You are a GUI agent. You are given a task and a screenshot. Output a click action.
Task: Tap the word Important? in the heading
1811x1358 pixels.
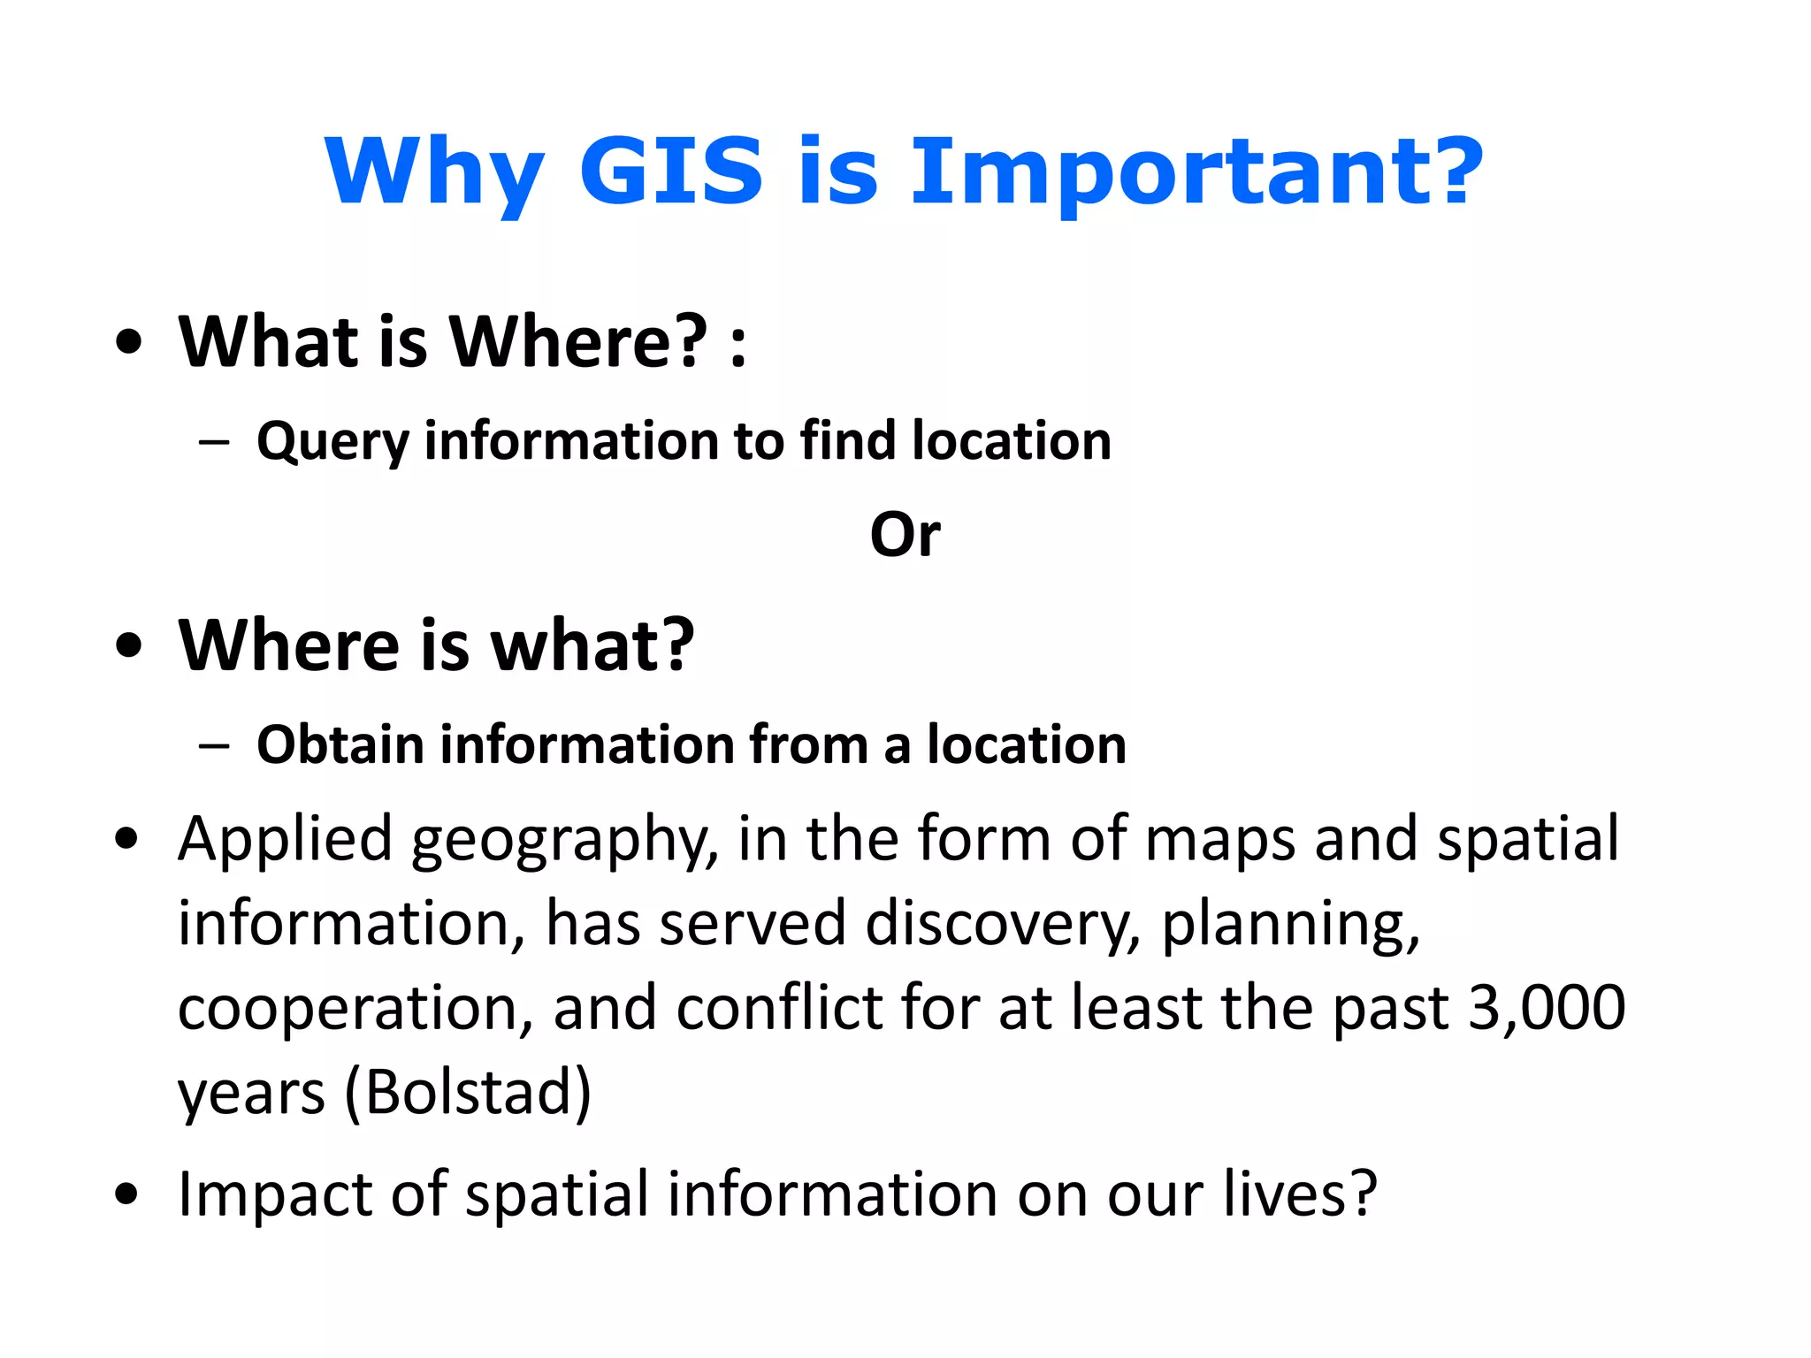[x=1196, y=172]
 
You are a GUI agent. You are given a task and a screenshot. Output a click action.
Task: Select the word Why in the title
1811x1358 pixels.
[x=434, y=172]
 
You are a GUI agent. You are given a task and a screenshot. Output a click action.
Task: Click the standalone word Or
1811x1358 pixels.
[x=905, y=535]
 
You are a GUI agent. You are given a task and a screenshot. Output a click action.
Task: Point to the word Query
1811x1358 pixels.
[x=332, y=442]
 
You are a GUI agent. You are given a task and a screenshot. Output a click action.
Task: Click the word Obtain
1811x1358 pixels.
[x=340, y=744]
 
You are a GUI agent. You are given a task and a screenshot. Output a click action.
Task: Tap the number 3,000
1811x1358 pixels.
[x=1546, y=1008]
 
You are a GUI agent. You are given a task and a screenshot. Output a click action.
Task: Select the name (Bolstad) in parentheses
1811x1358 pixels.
[x=467, y=1093]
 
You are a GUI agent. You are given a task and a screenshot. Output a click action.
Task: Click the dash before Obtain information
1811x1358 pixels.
[x=214, y=745]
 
